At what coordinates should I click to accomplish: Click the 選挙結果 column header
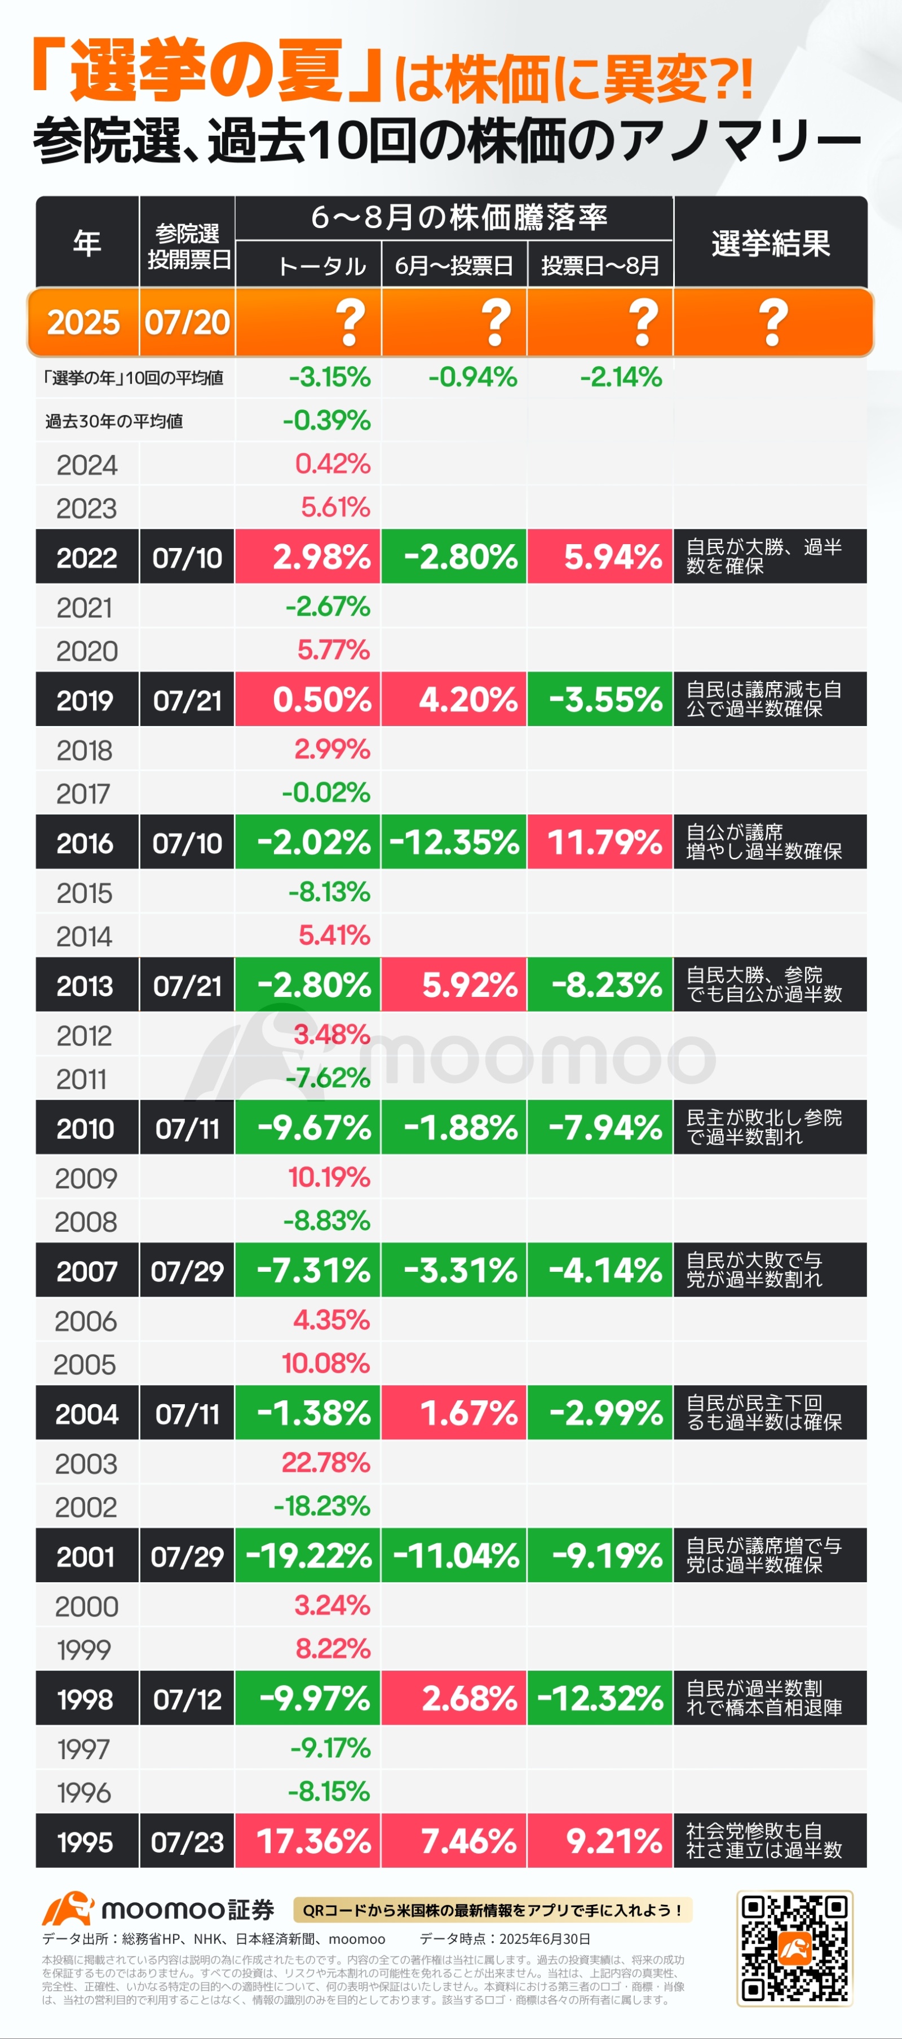click(771, 243)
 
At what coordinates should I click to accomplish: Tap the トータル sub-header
click(321, 265)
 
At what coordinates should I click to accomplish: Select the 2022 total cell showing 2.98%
click(308, 557)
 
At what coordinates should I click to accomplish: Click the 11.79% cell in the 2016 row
click(599, 842)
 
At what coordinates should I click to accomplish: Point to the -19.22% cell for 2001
click(308, 1555)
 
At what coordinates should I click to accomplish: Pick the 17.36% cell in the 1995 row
click(308, 1840)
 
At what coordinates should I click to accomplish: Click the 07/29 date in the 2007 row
click(187, 1270)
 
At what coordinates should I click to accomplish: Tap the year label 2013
click(85, 986)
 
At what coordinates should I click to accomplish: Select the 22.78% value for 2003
click(325, 1462)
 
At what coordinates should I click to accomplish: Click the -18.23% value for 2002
click(321, 1506)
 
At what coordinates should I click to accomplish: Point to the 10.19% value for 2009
click(329, 1177)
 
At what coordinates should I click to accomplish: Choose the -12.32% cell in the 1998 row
click(599, 1697)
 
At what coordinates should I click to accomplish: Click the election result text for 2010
click(763, 1127)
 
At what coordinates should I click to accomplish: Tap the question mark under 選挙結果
click(773, 322)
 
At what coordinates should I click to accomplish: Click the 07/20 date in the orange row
click(187, 322)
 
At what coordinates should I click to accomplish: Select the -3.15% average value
click(329, 377)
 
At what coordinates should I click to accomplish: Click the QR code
click(794, 1948)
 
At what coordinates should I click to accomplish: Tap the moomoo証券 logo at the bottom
click(158, 1909)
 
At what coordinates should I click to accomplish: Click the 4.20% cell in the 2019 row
click(454, 699)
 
